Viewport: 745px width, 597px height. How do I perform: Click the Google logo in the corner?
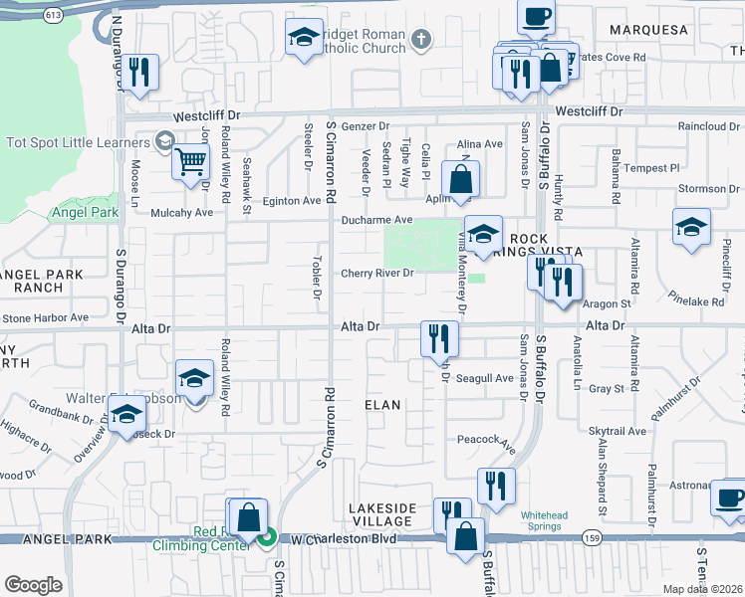(34, 585)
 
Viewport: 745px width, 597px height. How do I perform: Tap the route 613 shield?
(54, 15)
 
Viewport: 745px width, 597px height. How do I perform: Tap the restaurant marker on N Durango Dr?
(140, 73)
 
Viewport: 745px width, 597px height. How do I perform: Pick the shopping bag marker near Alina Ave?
(460, 181)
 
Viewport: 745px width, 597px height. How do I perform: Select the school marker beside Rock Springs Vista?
(483, 236)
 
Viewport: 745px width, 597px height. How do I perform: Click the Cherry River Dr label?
(376, 274)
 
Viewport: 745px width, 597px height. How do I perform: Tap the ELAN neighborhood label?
(381, 405)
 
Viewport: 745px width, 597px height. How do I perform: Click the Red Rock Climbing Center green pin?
(267, 539)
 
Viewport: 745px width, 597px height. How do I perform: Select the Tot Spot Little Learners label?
(78, 141)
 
